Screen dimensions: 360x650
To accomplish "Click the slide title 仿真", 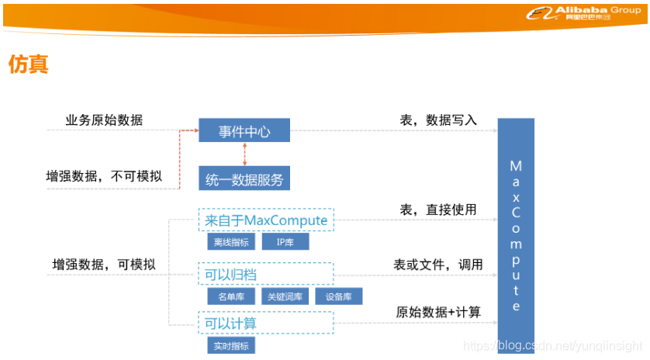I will click(29, 64).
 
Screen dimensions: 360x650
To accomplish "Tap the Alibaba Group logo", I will click(583, 13).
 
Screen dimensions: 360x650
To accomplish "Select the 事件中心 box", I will click(244, 131).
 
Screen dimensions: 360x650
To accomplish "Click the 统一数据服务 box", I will click(244, 180).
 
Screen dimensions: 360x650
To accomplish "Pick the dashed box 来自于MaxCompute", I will click(266, 221).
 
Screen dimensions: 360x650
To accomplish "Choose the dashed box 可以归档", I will click(266, 275).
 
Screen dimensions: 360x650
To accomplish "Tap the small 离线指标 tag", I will click(231, 242).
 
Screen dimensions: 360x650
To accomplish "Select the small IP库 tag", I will click(285, 242).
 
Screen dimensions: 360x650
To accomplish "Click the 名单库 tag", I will click(231, 296).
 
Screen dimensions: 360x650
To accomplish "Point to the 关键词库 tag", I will click(285, 296).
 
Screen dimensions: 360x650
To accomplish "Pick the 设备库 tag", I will click(339, 296).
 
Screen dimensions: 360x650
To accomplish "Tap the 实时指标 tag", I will click(231, 346).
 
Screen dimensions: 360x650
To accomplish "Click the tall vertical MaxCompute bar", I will click(516, 233).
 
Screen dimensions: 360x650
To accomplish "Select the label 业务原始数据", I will click(104, 120).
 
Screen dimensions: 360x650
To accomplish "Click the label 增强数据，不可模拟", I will click(104, 176).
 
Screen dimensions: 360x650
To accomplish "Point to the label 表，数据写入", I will click(438, 120).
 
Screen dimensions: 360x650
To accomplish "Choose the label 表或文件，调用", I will click(438, 265).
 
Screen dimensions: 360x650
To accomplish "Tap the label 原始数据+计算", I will click(438, 313).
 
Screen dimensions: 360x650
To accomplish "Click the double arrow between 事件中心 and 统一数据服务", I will click(244, 154).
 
